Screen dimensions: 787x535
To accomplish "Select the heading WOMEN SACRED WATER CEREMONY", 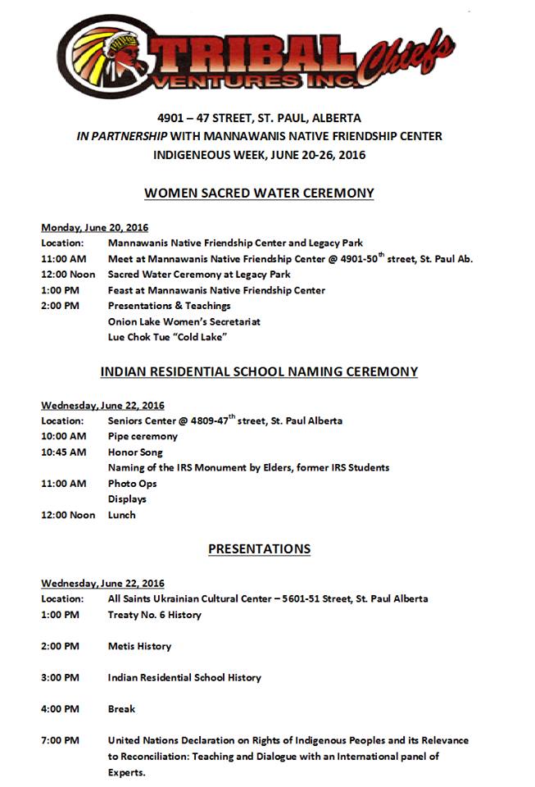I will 259,193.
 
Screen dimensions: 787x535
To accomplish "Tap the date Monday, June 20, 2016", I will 94,227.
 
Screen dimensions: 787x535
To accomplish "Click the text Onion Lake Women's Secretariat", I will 184,321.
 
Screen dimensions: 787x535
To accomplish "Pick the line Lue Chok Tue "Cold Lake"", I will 167,337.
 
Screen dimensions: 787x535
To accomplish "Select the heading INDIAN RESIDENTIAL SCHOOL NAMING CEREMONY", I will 259,372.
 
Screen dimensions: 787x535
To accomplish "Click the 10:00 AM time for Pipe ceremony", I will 63,436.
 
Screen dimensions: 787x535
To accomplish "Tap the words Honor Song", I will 135,452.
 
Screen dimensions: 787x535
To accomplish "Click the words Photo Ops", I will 132,484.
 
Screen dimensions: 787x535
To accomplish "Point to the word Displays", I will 127,499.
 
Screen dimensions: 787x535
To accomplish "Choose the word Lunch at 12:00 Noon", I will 122,515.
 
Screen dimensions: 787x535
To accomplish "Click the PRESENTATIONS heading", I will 259,549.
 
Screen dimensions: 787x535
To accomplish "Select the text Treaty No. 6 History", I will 154,615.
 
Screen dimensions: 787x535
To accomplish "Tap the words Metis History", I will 139,646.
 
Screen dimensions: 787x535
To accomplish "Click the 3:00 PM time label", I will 60,677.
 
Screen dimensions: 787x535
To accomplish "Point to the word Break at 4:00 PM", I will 121,708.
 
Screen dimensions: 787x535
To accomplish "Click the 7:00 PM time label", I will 60,740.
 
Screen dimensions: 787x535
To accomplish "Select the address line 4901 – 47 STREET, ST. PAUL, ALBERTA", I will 259,118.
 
